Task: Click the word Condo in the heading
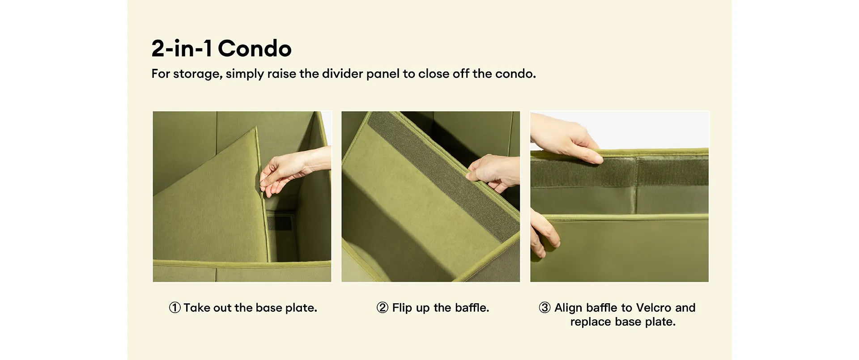255,48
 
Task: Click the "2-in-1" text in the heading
182,48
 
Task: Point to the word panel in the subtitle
383,74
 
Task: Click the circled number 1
174,308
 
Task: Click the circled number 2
382,308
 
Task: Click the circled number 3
544,308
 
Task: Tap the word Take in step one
196,308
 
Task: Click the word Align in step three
568,308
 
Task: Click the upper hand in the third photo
565,138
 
